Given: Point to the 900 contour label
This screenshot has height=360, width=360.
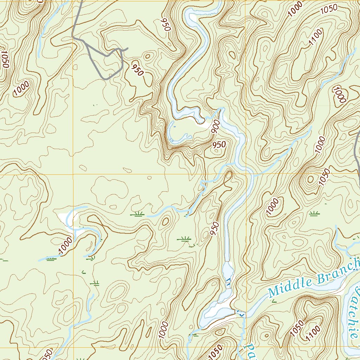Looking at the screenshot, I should (x=216, y=126).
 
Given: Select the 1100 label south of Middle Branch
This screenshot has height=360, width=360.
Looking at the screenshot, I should (x=314, y=333).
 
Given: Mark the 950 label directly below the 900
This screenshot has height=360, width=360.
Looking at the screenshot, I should (x=219, y=144).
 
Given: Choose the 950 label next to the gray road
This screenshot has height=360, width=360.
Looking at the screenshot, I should (x=137, y=68).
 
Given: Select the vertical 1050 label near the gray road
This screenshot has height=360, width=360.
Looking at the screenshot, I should (x=5, y=60).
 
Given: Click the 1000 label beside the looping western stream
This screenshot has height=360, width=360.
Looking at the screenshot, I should (x=65, y=245).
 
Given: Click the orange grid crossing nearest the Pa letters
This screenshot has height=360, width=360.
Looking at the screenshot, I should (x=246, y=347).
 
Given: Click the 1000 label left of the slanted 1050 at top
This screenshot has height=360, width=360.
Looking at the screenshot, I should (x=295, y=9).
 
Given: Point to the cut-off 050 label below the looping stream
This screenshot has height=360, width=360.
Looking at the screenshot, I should (x=47, y=354).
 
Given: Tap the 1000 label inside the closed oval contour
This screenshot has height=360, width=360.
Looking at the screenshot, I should (x=339, y=95).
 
